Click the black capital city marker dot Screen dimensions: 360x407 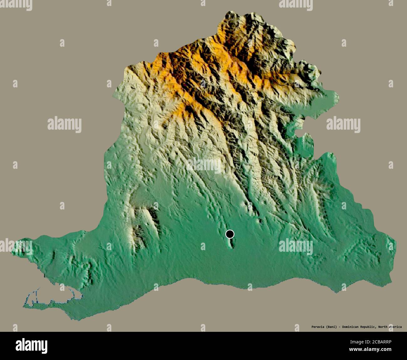(x=230, y=234)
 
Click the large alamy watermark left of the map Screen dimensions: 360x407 (x=64, y=124)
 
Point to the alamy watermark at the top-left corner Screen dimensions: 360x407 (x=16, y=4)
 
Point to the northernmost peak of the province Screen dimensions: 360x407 (x=230, y=15)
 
